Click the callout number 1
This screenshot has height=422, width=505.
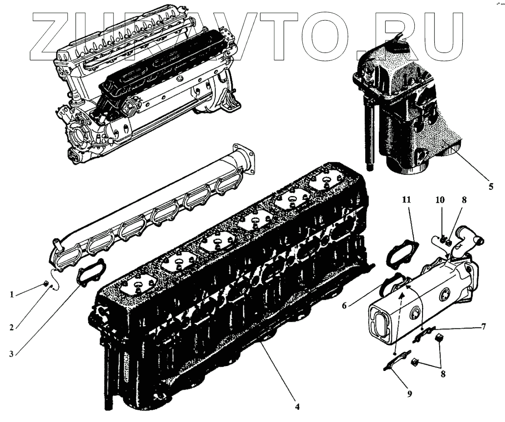(12, 295)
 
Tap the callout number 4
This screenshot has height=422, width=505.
(298, 406)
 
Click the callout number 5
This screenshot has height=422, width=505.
(491, 186)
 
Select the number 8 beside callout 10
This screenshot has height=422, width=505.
(464, 200)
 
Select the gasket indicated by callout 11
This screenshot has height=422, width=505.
(401, 253)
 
